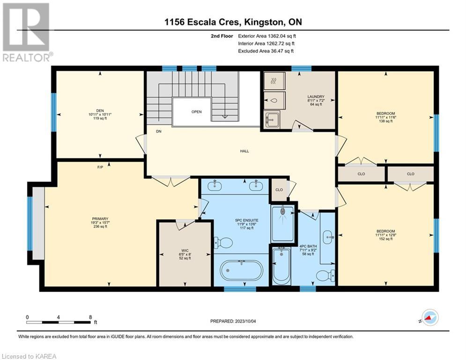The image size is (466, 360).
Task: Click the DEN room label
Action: pos(100,111)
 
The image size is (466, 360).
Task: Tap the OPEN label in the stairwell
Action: pos(196,112)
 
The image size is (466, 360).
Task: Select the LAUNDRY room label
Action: pos(316,97)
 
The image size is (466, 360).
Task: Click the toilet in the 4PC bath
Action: pos(325,275)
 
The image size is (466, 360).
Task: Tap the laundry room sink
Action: pos(272,119)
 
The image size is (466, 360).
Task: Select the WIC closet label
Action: pos(185,250)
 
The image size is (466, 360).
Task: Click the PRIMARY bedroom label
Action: pos(100,219)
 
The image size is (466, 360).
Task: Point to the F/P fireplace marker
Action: pos(100,167)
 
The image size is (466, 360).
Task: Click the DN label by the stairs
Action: pos(159,131)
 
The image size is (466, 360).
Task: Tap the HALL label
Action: pos(244,151)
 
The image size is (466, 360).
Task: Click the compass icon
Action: pos(430,317)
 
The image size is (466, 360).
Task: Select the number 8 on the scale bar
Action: pos(90,317)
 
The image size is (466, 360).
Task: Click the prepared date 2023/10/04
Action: pos(245,321)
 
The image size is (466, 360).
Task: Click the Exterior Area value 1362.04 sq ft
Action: pos(282,36)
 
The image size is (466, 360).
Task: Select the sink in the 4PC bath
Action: pos(328,237)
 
